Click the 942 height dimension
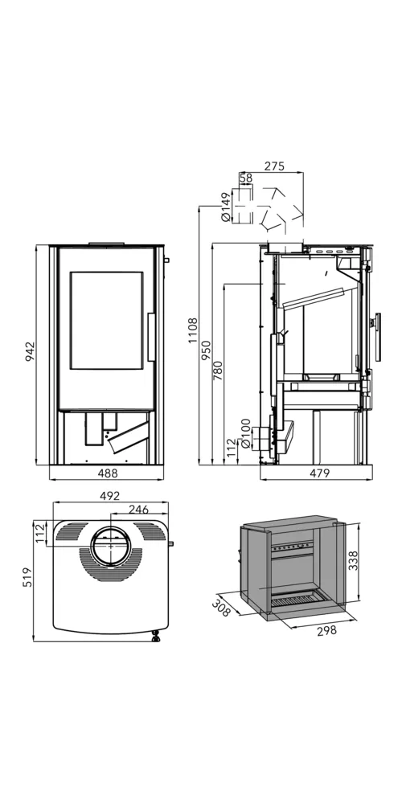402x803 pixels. (30, 351)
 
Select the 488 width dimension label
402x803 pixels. (108, 473)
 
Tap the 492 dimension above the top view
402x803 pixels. (110, 496)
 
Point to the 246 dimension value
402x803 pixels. (138, 509)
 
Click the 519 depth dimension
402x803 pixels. (30, 576)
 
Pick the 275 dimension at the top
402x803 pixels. (274, 166)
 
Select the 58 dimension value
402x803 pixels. (246, 178)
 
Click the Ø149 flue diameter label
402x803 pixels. (226, 207)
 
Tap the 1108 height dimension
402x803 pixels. (192, 330)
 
